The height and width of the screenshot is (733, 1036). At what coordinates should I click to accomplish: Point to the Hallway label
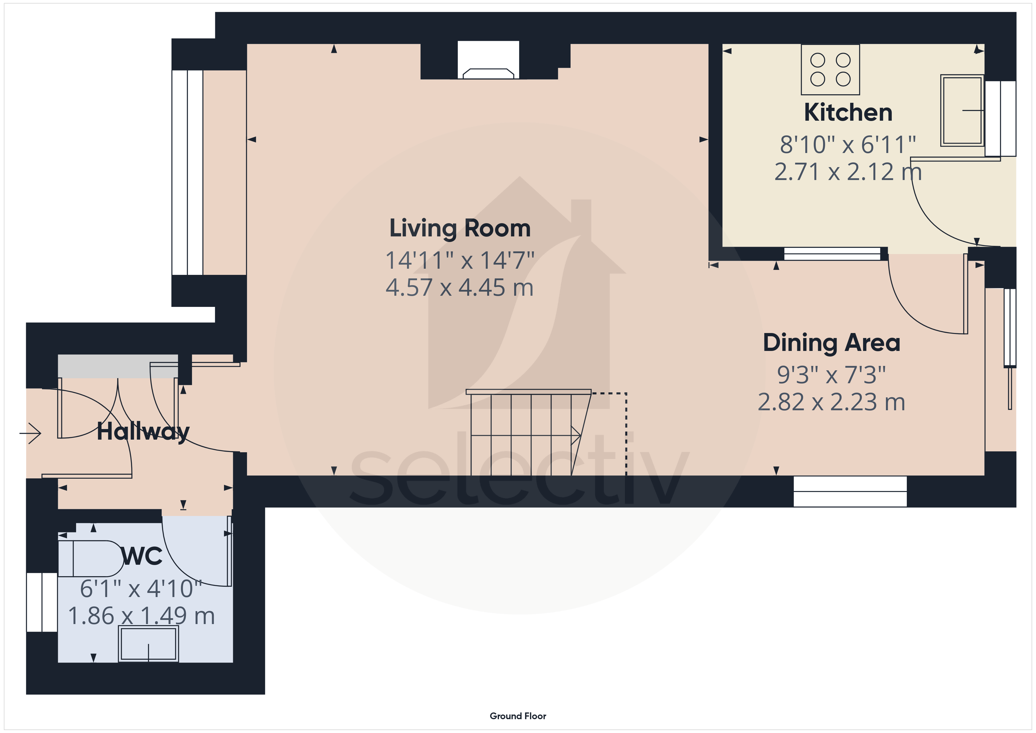point(143,432)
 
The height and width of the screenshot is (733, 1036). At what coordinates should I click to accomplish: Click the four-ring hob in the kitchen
point(830,70)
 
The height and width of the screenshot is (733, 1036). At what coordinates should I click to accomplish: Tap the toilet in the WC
point(90,558)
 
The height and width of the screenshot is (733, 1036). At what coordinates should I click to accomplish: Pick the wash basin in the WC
point(149,644)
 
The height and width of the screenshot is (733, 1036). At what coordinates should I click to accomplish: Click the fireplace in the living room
point(488,60)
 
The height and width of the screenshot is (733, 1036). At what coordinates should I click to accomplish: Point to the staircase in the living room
point(528,432)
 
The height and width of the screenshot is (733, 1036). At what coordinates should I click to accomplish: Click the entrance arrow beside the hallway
point(30,433)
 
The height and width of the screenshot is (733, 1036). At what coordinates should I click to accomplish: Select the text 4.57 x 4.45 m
point(459,288)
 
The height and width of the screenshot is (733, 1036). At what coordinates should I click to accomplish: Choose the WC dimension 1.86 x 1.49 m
point(141,616)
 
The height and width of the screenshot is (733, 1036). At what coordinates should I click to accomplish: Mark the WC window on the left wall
point(42,602)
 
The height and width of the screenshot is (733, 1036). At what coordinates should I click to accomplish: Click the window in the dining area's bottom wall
point(850,492)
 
